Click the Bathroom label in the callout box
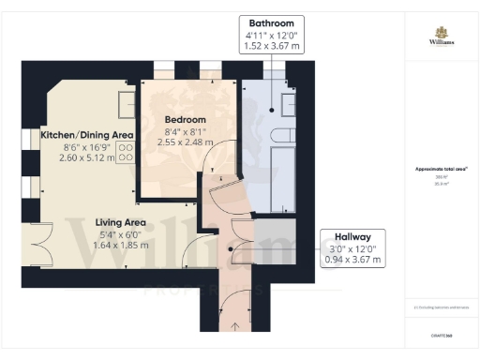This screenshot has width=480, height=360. click(x=272, y=22)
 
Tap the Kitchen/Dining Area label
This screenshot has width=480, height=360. click(x=87, y=135)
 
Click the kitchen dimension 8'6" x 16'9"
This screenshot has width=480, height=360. click(x=85, y=146)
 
